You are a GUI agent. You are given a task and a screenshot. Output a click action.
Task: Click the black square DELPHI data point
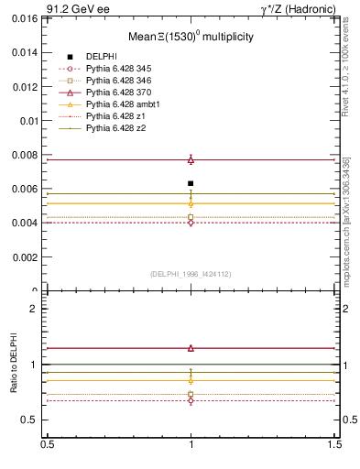pyautogui.click(x=191, y=183)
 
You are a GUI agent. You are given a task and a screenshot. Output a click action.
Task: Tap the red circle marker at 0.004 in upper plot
pyautogui.click(x=191, y=223)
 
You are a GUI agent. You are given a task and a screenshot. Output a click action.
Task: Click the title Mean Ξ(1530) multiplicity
pyautogui.click(x=190, y=38)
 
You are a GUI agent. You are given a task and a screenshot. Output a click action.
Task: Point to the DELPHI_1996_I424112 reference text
pyautogui.click(x=191, y=273)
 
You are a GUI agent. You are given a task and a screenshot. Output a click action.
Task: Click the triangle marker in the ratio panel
pyautogui.click(x=191, y=348)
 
